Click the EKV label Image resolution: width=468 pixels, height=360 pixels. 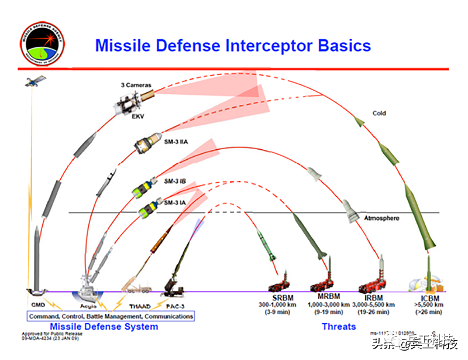tap(138, 116)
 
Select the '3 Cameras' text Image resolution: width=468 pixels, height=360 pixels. tap(136, 85)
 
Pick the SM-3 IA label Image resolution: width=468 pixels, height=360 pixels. tap(174, 203)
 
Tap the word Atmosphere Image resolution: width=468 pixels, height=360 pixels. tap(381, 218)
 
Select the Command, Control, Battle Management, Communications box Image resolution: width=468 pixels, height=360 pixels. tap(110, 316)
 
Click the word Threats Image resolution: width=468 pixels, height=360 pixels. tap(338, 326)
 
